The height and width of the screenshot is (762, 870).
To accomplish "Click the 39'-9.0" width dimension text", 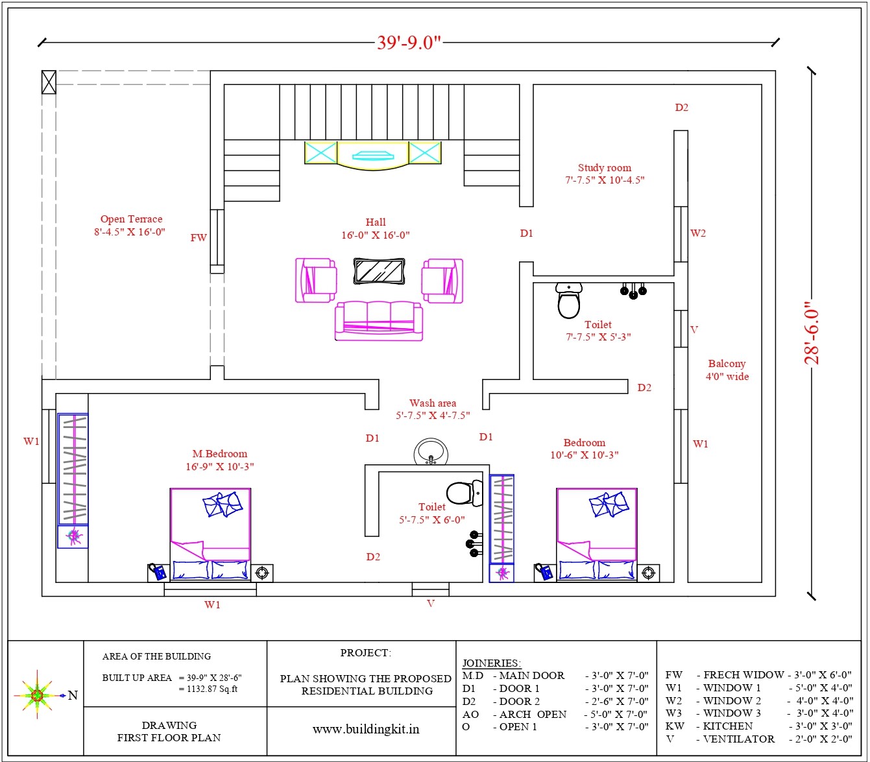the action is [x=409, y=43].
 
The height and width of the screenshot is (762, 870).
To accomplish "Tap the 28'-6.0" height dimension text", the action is [x=812, y=333].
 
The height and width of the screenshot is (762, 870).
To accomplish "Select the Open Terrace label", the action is [x=132, y=219].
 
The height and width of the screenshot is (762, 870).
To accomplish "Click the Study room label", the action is [x=604, y=167].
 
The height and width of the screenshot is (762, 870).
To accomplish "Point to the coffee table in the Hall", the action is [x=379, y=271].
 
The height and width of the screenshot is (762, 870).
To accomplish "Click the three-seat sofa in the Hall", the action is [x=379, y=320].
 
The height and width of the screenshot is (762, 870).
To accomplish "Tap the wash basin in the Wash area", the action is [x=431, y=452].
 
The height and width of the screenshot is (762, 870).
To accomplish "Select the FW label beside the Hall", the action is [x=199, y=237].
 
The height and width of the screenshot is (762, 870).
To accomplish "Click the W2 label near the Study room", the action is [x=698, y=233].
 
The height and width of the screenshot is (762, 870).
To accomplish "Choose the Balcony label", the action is [x=727, y=363].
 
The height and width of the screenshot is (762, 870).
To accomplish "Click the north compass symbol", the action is [x=38, y=695].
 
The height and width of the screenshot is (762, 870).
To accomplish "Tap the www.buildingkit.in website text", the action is [x=366, y=729].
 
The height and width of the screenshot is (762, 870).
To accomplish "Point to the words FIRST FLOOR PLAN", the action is [x=169, y=737].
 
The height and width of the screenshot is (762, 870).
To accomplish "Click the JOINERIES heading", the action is [x=492, y=663].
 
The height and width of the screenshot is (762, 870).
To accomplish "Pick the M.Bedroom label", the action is [x=219, y=453].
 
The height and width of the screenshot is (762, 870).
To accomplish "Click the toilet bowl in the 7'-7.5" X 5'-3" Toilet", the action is [x=568, y=300].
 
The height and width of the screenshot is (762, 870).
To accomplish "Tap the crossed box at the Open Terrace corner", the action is [x=49, y=82].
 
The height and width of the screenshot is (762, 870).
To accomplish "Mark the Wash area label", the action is [x=433, y=403].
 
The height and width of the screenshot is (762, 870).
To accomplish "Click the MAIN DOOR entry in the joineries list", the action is [x=531, y=675].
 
